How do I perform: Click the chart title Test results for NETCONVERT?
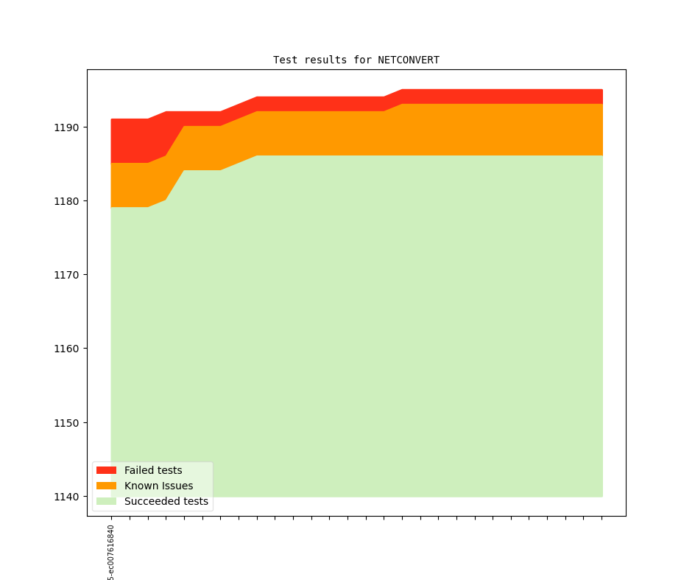pyautogui.click(x=356, y=60)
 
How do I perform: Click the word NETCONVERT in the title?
pyautogui.click(x=409, y=60)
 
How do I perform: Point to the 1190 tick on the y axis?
pyautogui.click(x=68, y=127)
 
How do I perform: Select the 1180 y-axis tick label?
pyautogui.click(x=68, y=201)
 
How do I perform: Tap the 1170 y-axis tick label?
pyautogui.click(x=68, y=275)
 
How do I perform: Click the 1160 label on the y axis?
pyautogui.click(x=68, y=349)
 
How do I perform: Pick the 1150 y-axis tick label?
pyautogui.click(x=68, y=423)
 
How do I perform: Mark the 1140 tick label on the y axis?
pyautogui.click(x=68, y=497)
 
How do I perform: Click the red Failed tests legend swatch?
pyautogui.click(x=106, y=470)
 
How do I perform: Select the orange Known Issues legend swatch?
pyautogui.click(x=106, y=486)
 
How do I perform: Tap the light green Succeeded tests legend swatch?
pyautogui.click(x=106, y=501)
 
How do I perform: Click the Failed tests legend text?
pyautogui.click(x=153, y=470)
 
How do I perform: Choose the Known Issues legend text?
pyautogui.click(x=158, y=486)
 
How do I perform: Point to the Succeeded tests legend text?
pyautogui.click(x=166, y=501)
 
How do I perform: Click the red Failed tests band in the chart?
pyautogui.click(x=442, y=97)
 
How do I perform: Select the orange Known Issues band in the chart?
pyautogui.click(x=442, y=129)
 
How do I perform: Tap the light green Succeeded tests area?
pyautogui.click(x=368, y=310)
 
